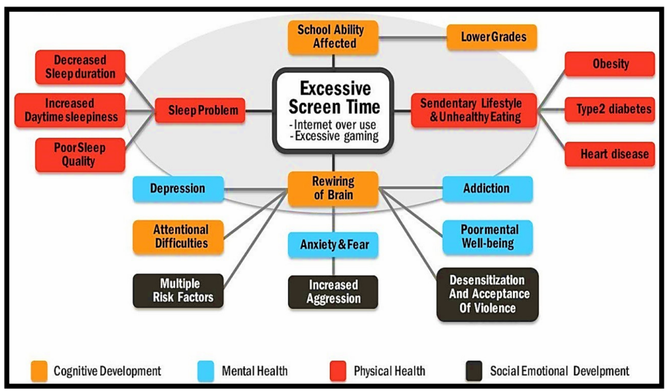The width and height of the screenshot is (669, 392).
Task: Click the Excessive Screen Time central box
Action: coord(334,110)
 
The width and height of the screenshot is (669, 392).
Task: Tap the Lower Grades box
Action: coord(492,37)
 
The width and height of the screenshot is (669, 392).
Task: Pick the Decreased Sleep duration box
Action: coord(80,67)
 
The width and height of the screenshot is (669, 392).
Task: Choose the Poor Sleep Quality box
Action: coord(80,154)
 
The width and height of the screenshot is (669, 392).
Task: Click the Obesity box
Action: coord(610,64)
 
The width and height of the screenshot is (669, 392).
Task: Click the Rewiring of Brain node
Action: coord(333,189)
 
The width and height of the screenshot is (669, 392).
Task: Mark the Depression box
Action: coord(177,189)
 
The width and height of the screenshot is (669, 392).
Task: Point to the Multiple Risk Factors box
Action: coord(178,291)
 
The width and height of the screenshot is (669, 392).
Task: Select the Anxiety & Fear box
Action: coord(334,245)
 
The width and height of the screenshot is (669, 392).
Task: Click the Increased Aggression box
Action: coord(333,291)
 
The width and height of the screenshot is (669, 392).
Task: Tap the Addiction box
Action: coord(487,189)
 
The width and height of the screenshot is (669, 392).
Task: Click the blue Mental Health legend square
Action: coord(206,371)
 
